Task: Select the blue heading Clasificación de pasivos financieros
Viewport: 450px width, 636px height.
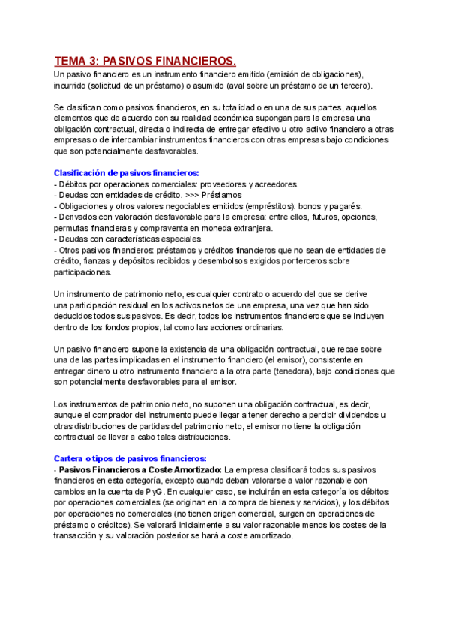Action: [x=127, y=172]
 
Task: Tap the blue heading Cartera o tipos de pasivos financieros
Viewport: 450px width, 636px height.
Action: [x=130, y=458]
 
